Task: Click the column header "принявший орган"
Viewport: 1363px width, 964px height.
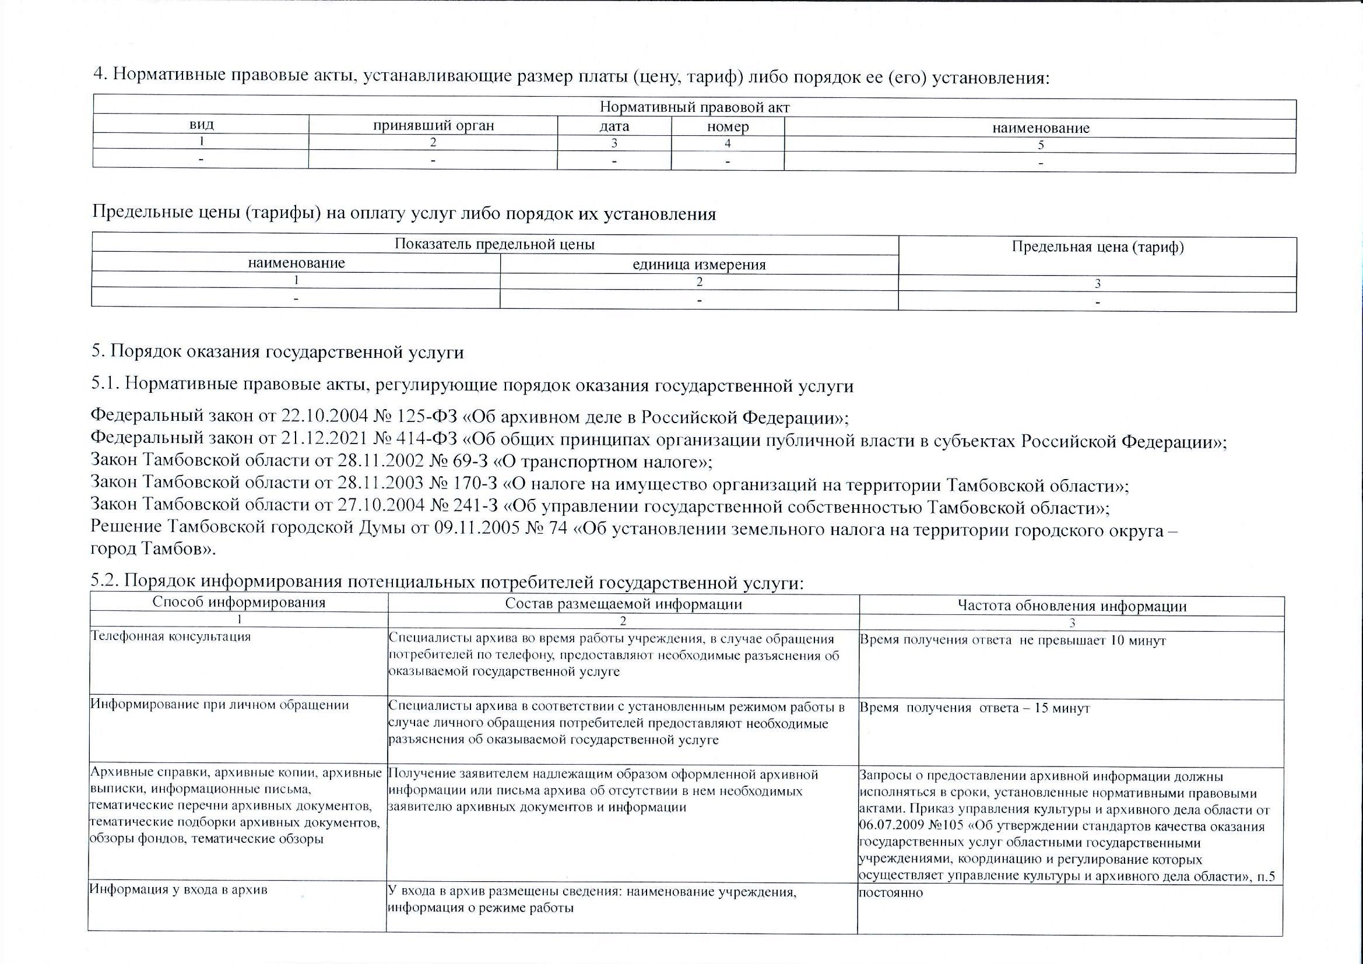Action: (433, 126)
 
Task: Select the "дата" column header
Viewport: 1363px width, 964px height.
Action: (614, 126)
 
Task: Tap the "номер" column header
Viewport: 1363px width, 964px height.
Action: (728, 127)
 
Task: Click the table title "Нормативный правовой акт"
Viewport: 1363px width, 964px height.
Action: (694, 107)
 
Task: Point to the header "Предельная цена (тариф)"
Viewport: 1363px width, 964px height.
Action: (1098, 248)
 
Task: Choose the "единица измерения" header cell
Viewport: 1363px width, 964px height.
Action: (699, 265)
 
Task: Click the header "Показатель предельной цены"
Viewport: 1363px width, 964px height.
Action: (494, 244)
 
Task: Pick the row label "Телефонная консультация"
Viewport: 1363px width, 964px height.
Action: (170, 637)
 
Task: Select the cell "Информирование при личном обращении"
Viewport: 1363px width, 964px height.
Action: (219, 705)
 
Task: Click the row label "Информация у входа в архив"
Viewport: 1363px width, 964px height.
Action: (178, 889)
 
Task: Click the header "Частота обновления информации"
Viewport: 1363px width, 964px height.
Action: (1072, 606)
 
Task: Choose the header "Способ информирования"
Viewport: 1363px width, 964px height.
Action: (238, 603)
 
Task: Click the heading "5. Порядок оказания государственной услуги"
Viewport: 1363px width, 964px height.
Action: (277, 352)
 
